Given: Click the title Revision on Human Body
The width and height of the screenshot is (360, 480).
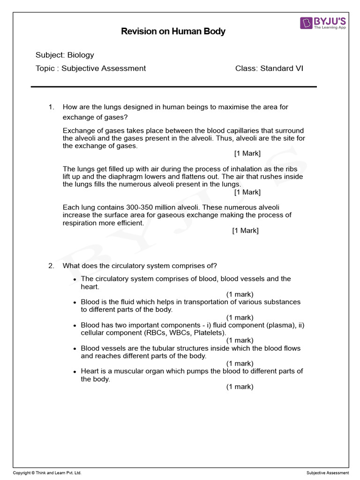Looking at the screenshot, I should [x=173, y=31].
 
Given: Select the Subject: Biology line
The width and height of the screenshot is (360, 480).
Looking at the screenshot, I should [x=65, y=55].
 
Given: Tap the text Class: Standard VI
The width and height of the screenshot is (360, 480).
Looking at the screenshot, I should [x=269, y=68].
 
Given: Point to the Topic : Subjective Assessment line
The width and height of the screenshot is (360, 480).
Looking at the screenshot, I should [x=90, y=68].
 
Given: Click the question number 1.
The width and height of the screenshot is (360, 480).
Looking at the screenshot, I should [x=52, y=107].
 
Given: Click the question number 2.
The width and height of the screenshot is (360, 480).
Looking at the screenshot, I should [x=52, y=266].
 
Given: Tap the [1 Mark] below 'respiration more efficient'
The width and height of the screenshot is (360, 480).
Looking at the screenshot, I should [x=245, y=231].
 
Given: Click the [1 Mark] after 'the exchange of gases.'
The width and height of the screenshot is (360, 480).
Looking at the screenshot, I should [x=247, y=154].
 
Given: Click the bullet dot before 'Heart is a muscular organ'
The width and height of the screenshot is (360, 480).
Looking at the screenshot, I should [x=75, y=372].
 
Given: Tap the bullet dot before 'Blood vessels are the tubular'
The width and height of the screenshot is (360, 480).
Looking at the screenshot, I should [x=75, y=349].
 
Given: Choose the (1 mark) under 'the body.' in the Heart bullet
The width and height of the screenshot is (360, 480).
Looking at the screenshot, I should [x=240, y=387].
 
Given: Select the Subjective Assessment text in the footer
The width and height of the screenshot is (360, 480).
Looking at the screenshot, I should [x=328, y=473].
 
